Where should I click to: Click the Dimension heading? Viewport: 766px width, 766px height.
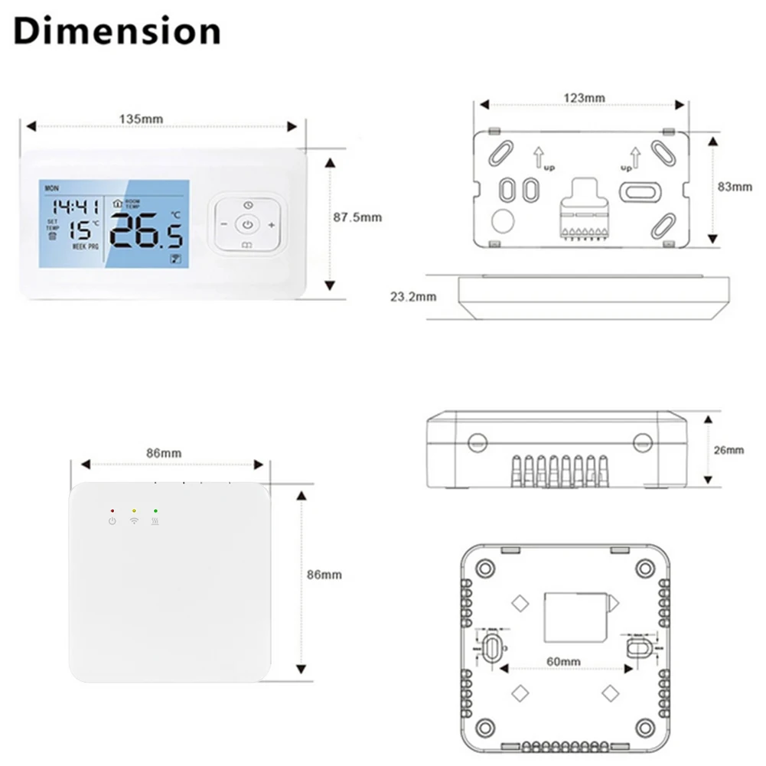click(116, 31)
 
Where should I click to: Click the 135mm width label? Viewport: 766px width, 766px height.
click(141, 119)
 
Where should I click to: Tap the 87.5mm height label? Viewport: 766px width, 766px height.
click(357, 217)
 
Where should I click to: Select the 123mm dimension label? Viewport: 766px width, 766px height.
click(584, 98)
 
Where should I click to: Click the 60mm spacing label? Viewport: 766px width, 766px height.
click(563, 661)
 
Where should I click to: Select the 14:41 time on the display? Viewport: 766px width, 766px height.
click(75, 207)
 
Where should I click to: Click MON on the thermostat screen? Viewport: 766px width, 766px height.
click(51, 187)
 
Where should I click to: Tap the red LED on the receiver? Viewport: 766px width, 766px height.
click(112, 510)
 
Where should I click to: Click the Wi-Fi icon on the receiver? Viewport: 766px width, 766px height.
click(134, 521)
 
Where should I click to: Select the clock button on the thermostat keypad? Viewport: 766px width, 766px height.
click(248, 205)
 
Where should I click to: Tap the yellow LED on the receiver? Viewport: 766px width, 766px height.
click(134, 510)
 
